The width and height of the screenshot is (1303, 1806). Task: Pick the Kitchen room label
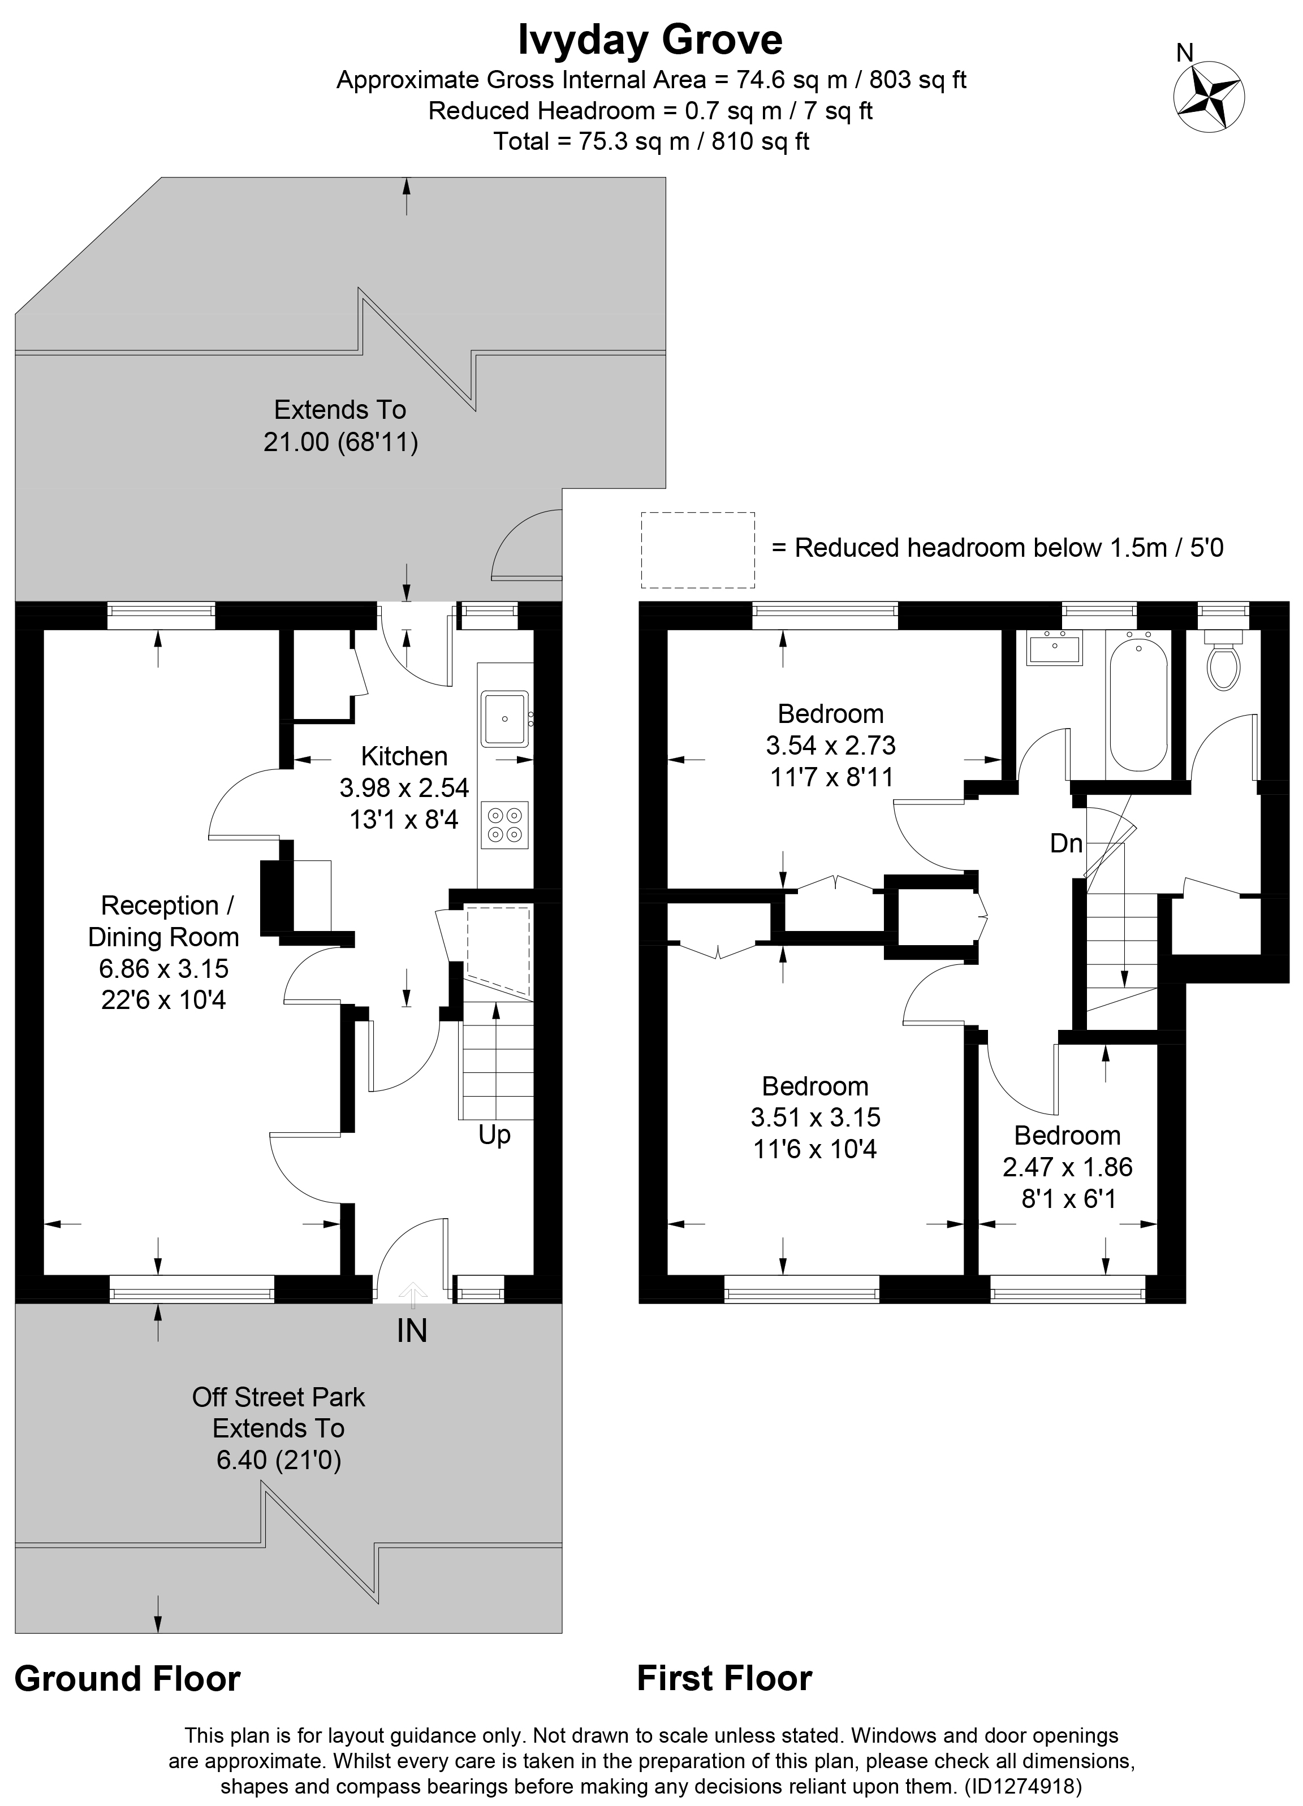click(x=404, y=756)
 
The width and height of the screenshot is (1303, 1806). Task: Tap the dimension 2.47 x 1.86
click(x=1067, y=1167)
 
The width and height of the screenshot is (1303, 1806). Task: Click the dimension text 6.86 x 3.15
click(x=163, y=968)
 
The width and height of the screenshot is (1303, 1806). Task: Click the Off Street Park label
click(x=278, y=1397)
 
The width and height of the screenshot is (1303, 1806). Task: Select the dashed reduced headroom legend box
click(x=698, y=549)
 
